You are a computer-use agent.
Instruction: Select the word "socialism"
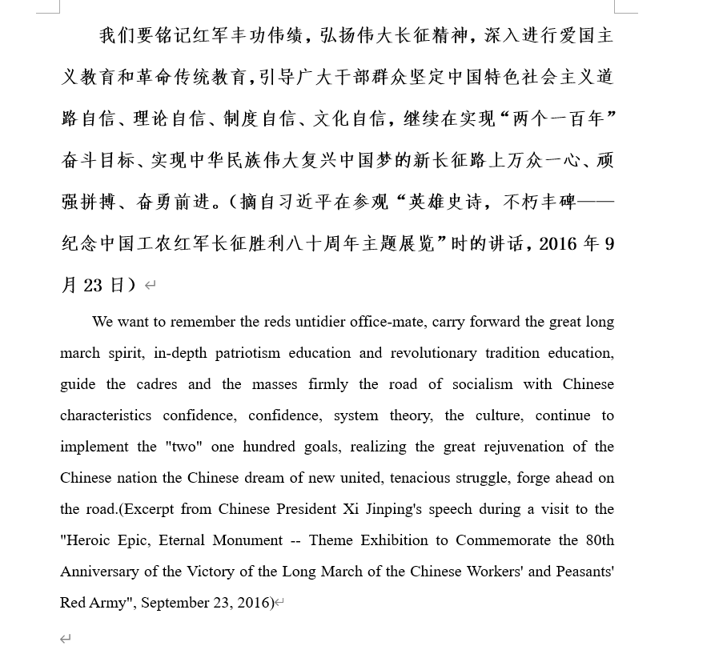coord(482,384)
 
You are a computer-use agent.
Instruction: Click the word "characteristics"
coord(106,415)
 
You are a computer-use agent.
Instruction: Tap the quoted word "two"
coord(183,447)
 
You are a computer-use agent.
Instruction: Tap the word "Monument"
coord(247,540)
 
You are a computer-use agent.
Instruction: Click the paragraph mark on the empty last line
coord(66,638)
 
